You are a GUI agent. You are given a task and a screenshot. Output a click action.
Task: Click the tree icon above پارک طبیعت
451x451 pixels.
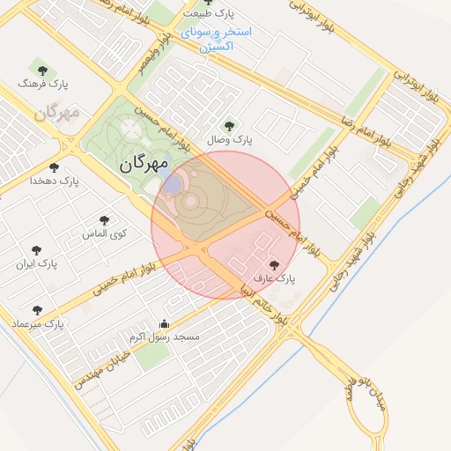(208, 3)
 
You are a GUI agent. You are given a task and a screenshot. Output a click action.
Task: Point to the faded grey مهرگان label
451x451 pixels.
(56, 113)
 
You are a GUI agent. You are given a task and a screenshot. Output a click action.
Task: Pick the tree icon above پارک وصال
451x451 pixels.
(230, 125)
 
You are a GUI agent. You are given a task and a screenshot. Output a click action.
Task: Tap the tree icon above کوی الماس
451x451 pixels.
(105, 220)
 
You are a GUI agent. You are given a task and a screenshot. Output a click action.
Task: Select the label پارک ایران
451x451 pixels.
(36, 263)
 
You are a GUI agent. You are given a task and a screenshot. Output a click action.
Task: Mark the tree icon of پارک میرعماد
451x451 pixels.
(37, 310)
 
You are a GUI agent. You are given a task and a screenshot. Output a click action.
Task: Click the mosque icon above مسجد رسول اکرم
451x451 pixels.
(163, 322)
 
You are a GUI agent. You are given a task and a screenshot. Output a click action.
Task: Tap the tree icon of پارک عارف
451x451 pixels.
(274, 263)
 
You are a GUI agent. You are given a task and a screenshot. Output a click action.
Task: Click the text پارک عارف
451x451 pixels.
(274, 278)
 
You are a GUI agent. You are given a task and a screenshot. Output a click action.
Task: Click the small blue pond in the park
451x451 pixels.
(173, 184)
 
